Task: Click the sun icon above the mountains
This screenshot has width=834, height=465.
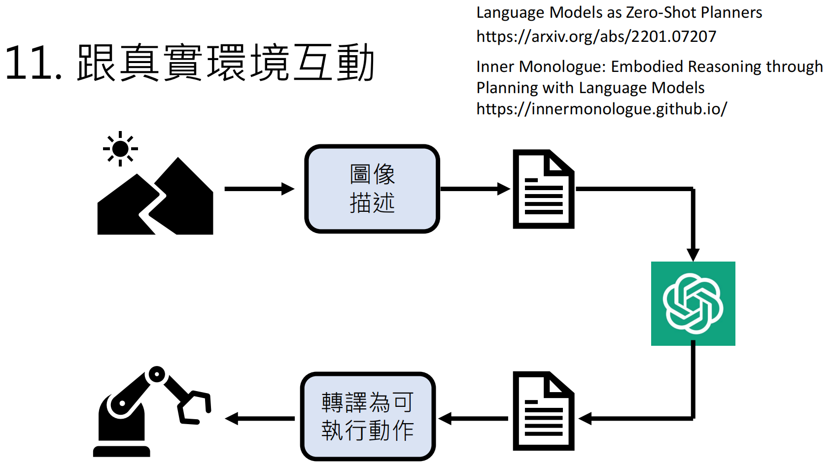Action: [x=120, y=148]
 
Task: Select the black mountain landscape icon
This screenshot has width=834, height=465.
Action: [x=155, y=202]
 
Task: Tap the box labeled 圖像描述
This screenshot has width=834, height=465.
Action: [x=372, y=189]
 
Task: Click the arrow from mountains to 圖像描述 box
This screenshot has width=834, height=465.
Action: [x=259, y=189]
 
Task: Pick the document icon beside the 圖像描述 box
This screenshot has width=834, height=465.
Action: [x=543, y=189]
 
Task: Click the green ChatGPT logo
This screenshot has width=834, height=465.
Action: [x=693, y=303]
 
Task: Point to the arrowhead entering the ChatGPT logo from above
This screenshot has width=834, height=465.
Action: [x=693, y=254]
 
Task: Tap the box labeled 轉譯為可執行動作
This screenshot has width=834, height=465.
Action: [x=368, y=417]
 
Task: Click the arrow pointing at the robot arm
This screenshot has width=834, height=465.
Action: [x=259, y=419]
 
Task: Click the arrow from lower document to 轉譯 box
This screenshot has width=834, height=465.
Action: [x=473, y=419]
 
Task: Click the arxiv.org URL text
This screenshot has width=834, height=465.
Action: [x=596, y=36]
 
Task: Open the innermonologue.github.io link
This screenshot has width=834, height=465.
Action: [x=601, y=109]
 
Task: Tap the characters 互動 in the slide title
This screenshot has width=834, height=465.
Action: [x=334, y=63]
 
